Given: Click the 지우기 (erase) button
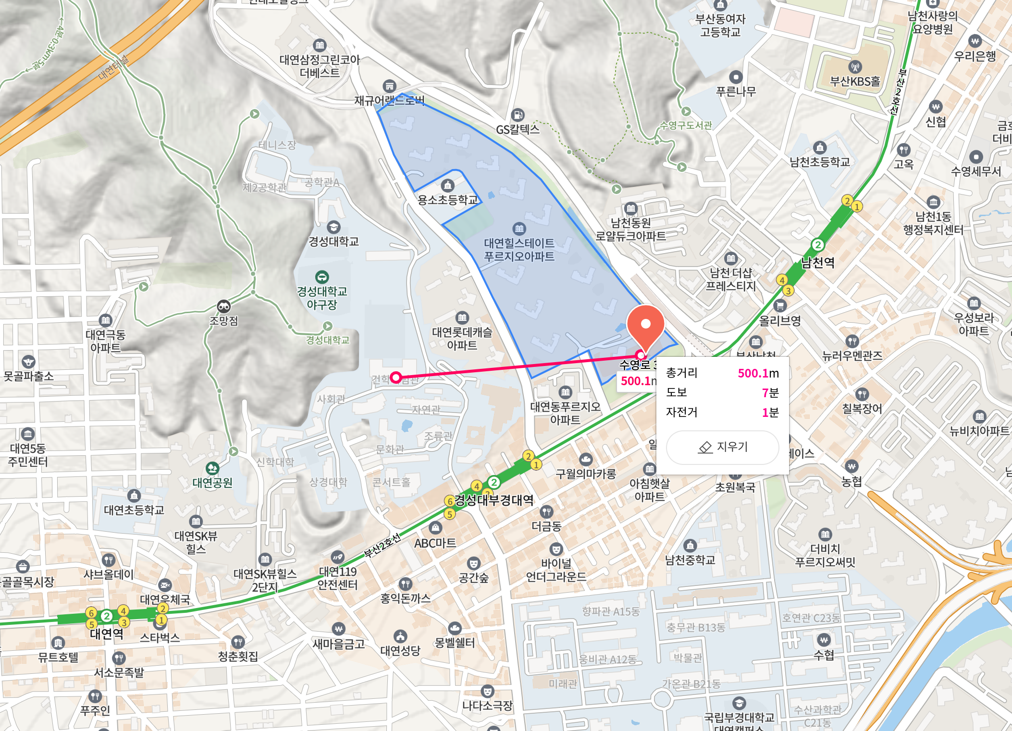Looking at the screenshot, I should coord(722,447).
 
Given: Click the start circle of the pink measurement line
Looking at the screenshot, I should coord(395,378).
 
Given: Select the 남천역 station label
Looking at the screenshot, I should coord(818,263).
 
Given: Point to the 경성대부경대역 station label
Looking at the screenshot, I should coord(494,500).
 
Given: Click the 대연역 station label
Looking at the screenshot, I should coord(107,634).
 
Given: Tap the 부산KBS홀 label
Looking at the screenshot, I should coord(855,81).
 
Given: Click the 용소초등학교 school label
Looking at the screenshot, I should coord(448,200).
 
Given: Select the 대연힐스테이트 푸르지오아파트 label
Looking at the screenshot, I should coord(519,250).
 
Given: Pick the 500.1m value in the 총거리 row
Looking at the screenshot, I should coord(758,373).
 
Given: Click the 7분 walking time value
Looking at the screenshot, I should coord(770,393).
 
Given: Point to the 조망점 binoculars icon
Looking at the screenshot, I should coord(224,306).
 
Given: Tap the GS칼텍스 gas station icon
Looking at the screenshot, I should coord(518,115).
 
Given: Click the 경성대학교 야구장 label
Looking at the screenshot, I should coord(322,298).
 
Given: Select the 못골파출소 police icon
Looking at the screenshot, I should coord(28,362).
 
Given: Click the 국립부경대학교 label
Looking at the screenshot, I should coord(739,717).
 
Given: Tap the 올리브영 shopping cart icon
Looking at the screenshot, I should coord(780,305).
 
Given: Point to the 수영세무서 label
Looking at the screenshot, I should coord(976,171).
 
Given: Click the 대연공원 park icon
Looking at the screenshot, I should coord(212,468).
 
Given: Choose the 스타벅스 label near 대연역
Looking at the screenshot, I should coord(160,638).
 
